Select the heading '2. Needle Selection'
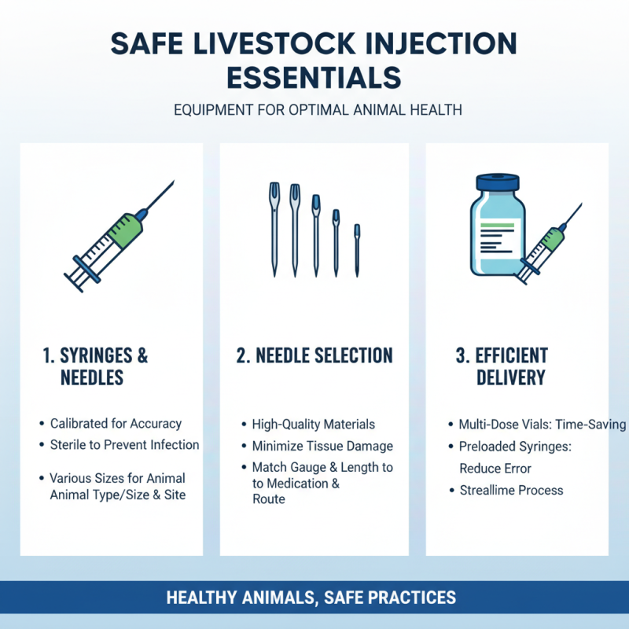click(x=314, y=356)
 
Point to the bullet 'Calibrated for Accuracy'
click(x=116, y=424)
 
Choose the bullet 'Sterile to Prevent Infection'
click(x=124, y=445)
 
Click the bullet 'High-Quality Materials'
click(x=313, y=425)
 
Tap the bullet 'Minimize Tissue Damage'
click(x=322, y=446)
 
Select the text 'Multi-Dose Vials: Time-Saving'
click(x=542, y=425)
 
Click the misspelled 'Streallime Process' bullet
click(x=511, y=490)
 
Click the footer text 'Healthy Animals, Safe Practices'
click(x=311, y=598)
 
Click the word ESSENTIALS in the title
click(x=314, y=77)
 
